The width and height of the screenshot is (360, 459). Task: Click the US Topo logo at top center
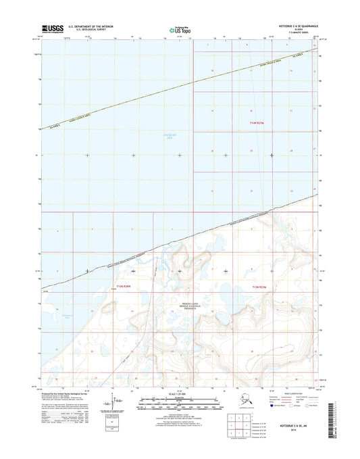coord(179,30)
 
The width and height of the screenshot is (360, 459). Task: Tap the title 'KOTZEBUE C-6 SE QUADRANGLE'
coord(292,26)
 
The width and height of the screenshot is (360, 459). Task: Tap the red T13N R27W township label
coord(261,287)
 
